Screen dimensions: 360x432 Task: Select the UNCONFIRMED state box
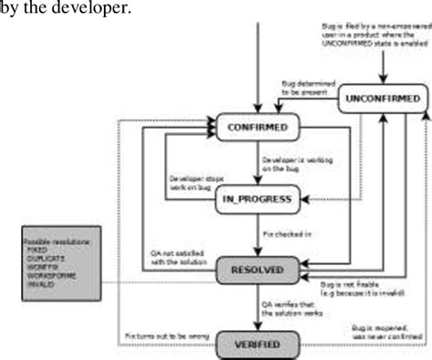(x=383, y=98)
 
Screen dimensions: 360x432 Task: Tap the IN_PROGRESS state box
(x=258, y=199)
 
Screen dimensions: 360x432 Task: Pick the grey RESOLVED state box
(x=259, y=270)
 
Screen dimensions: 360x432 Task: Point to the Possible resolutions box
(x=61, y=270)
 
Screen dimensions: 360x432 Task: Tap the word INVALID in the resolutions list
(x=42, y=293)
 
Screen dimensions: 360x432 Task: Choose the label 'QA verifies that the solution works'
(x=293, y=308)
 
